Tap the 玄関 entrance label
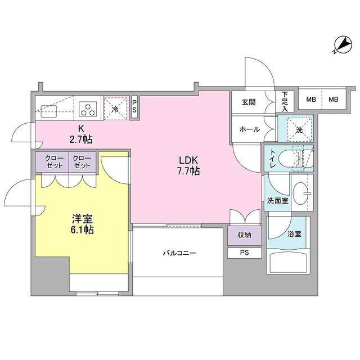pyautogui.click(x=249, y=102)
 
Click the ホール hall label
pyautogui.click(x=249, y=129)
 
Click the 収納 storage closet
pyautogui.click(x=245, y=235)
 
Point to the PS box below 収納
pyautogui.click(x=245, y=253)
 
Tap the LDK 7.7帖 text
pyautogui.click(x=188, y=165)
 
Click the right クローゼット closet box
pyautogui.click(x=83, y=162)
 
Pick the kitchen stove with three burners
pyautogui.click(x=88, y=107)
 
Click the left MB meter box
pyautogui.click(x=310, y=100)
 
